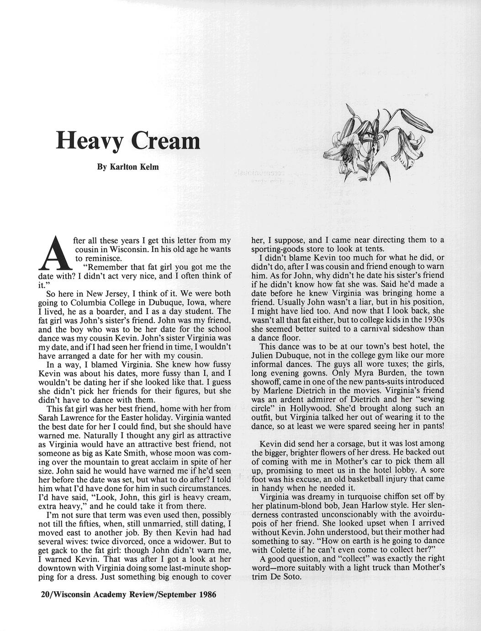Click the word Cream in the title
pyautogui.click(x=165, y=140)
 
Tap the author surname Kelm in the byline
pyautogui.click(x=149, y=167)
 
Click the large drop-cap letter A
pyautogui.click(x=55, y=252)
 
